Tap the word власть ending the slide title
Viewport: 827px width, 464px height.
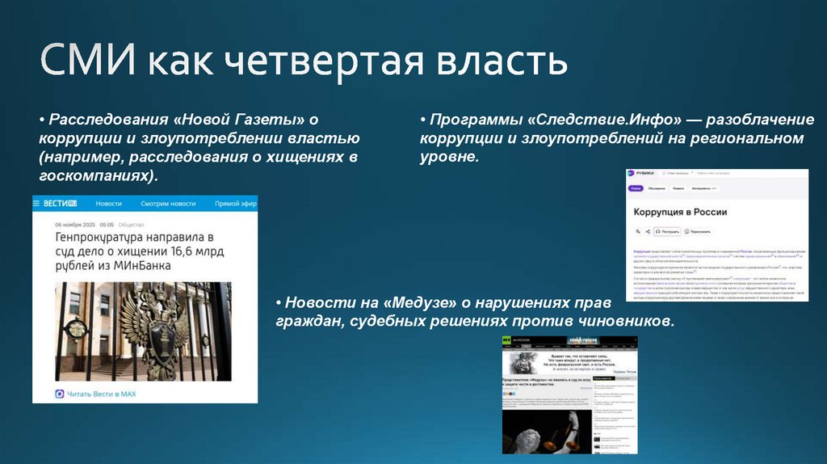click(x=507, y=62)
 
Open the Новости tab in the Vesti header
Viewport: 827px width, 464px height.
click(x=109, y=204)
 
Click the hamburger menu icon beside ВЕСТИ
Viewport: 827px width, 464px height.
click(x=37, y=204)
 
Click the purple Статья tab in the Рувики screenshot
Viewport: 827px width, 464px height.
click(x=636, y=188)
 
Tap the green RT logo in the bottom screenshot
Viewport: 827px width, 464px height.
click(x=506, y=341)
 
